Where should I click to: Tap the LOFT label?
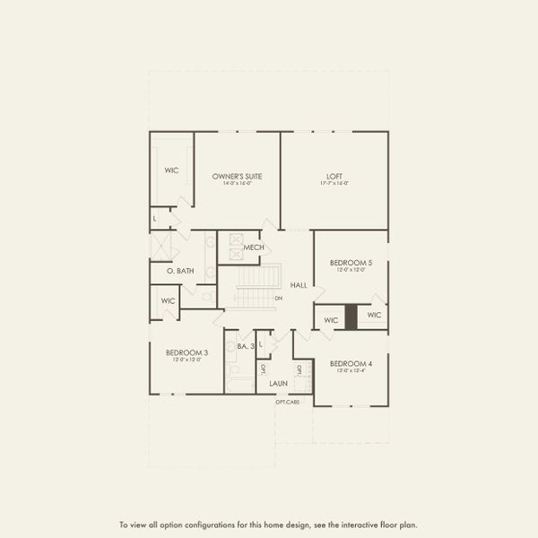click(x=334, y=176)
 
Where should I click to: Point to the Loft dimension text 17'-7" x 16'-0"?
click(x=334, y=184)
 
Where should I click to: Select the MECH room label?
click(x=253, y=247)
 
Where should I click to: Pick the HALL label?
click(x=299, y=285)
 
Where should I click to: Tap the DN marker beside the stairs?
click(x=279, y=298)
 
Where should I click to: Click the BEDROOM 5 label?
click(x=344, y=262)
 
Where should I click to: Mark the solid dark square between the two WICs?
click(x=351, y=317)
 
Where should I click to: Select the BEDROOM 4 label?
click(x=344, y=363)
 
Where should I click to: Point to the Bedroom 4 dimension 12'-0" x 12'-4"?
click(x=344, y=371)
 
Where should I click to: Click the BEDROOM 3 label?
click(x=187, y=352)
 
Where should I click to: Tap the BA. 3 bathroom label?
click(x=246, y=346)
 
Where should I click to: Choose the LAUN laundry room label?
click(x=278, y=383)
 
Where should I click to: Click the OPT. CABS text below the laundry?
click(x=288, y=401)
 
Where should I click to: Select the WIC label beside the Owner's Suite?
click(x=172, y=169)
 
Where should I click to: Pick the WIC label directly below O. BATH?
click(x=168, y=301)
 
